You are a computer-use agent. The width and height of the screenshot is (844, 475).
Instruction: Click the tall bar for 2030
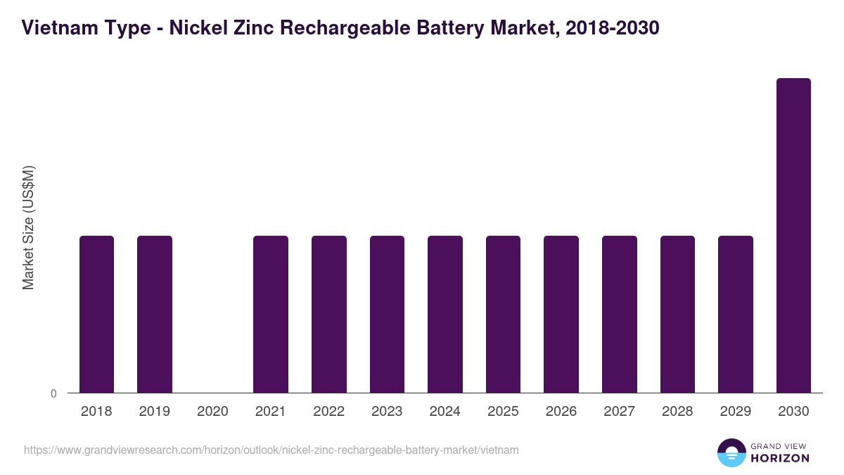[793, 236]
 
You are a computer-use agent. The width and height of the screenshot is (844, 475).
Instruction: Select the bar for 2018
[96, 315]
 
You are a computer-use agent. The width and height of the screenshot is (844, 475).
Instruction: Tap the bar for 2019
[155, 315]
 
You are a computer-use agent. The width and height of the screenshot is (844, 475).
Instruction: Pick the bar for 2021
[271, 315]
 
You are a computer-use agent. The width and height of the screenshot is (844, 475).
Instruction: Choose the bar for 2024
[445, 315]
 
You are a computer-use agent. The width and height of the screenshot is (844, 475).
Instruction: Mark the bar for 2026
[561, 315]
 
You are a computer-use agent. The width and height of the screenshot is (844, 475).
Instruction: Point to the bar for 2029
[736, 315]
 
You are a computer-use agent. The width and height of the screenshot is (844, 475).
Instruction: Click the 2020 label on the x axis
[212, 412]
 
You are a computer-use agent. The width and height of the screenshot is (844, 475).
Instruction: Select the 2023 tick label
[387, 412]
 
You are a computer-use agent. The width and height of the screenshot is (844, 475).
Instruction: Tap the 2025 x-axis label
[503, 412]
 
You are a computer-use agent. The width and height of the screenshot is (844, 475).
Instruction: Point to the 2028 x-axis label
[677, 412]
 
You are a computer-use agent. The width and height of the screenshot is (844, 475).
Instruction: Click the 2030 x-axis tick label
[793, 412]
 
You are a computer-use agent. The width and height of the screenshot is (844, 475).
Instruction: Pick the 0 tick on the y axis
[53, 393]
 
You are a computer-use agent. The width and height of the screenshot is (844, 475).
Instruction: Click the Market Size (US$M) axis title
[28, 228]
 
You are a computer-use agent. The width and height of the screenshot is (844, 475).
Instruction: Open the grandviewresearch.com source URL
[271, 450]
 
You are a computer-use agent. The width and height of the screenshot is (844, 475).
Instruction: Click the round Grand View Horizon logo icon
[731, 452]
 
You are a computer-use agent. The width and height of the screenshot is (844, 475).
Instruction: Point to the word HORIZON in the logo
[781, 458]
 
